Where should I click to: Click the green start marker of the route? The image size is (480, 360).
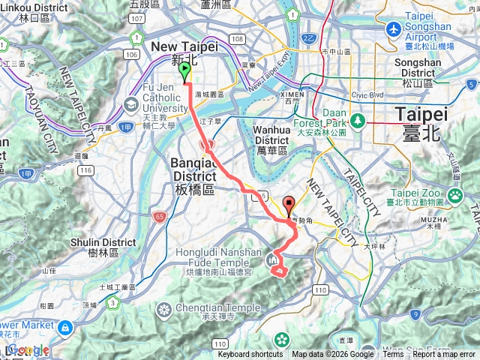pyautogui.click(x=184, y=72)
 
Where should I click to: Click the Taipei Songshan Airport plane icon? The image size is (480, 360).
pyautogui.click(x=392, y=29)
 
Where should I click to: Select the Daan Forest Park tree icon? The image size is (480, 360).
pyautogui.click(x=359, y=120)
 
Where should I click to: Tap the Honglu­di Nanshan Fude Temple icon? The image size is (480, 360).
pyautogui.click(x=273, y=260)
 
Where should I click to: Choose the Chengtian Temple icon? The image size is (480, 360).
pyautogui.click(x=163, y=309)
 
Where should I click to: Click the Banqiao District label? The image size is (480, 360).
pyautogui.click(x=184, y=170)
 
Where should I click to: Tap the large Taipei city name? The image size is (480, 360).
pyautogui.click(x=421, y=121)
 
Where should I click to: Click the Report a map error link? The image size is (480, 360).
pyautogui.click(x=444, y=355)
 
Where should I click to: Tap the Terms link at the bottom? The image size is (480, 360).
pyautogui.click(x=393, y=355)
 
